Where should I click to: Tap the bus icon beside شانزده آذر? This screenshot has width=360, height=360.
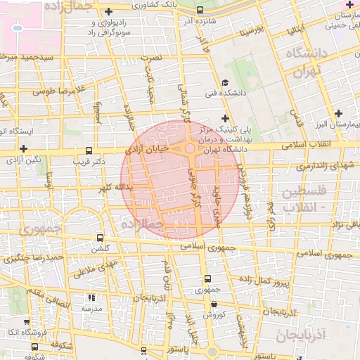click(200, 11)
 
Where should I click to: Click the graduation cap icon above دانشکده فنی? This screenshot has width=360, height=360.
click(225, 82)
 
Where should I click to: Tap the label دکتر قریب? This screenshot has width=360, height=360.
click(89, 161)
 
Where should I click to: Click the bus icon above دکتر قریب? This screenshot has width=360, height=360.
click(89, 150)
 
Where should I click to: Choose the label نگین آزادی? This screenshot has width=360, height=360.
click(25, 160)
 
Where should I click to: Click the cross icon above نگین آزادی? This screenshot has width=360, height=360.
click(24, 148)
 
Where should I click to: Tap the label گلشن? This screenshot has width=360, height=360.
click(101, 249)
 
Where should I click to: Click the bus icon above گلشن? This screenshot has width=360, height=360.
click(100, 238)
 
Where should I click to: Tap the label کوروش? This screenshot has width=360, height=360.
click(214, 314)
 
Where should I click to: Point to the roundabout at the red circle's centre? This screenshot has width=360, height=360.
click(190, 148)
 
